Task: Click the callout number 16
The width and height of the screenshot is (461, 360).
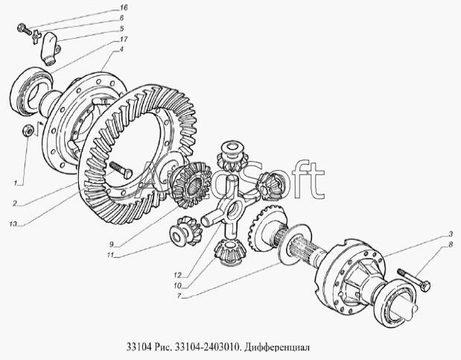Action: [x=124, y=7]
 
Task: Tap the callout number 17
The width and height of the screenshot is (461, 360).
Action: [x=124, y=40]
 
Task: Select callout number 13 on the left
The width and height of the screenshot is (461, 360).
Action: [x=13, y=224]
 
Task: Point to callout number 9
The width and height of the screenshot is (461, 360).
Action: [x=111, y=244]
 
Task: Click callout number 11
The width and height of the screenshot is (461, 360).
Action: [x=110, y=255]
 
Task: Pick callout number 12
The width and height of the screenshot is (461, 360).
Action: [x=177, y=275]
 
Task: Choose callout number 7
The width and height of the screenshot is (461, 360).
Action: [x=179, y=296]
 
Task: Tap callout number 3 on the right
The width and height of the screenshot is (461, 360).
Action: [x=450, y=234]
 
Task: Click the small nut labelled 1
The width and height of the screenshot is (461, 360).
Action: [x=28, y=130]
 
